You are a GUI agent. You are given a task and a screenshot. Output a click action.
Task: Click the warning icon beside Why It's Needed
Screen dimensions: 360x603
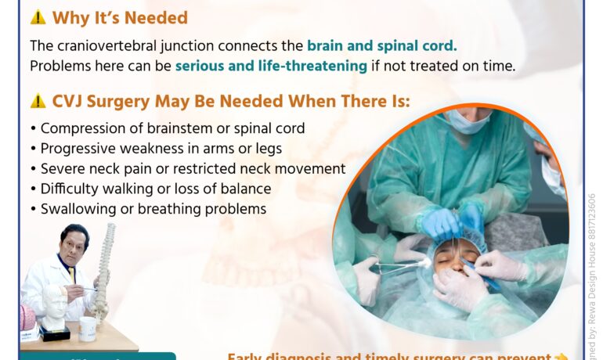38,17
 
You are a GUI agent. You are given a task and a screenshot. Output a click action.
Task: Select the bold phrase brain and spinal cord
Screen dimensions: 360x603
381,45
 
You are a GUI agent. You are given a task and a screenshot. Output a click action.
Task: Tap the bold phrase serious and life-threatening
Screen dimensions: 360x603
271,66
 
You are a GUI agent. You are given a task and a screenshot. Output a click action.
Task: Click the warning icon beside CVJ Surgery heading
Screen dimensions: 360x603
38,101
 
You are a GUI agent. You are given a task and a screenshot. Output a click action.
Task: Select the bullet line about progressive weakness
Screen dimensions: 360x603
155,148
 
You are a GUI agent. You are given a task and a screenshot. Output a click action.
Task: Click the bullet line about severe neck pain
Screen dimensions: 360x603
187,168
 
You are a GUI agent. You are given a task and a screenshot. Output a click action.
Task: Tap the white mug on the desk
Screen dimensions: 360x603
88,327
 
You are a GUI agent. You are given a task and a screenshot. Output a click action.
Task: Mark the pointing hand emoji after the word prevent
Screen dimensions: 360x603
560,357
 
